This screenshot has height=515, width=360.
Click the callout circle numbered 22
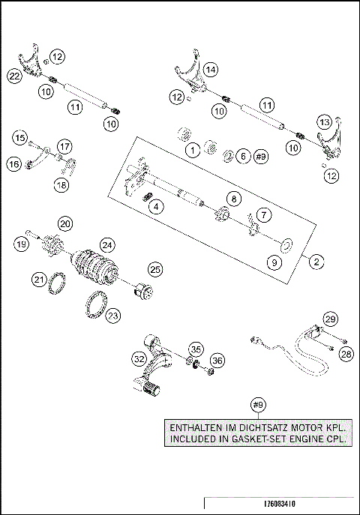[13, 75]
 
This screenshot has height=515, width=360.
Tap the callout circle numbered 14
[212, 70]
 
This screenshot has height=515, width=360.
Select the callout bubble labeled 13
[324, 121]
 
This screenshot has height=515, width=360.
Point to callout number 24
[108, 244]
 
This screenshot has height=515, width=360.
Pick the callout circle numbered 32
[139, 359]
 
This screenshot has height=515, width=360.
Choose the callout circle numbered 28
[345, 353]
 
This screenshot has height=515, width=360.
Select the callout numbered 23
[112, 316]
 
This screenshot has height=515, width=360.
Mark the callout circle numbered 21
[39, 279]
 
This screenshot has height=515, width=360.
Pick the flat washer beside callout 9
[286, 244]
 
